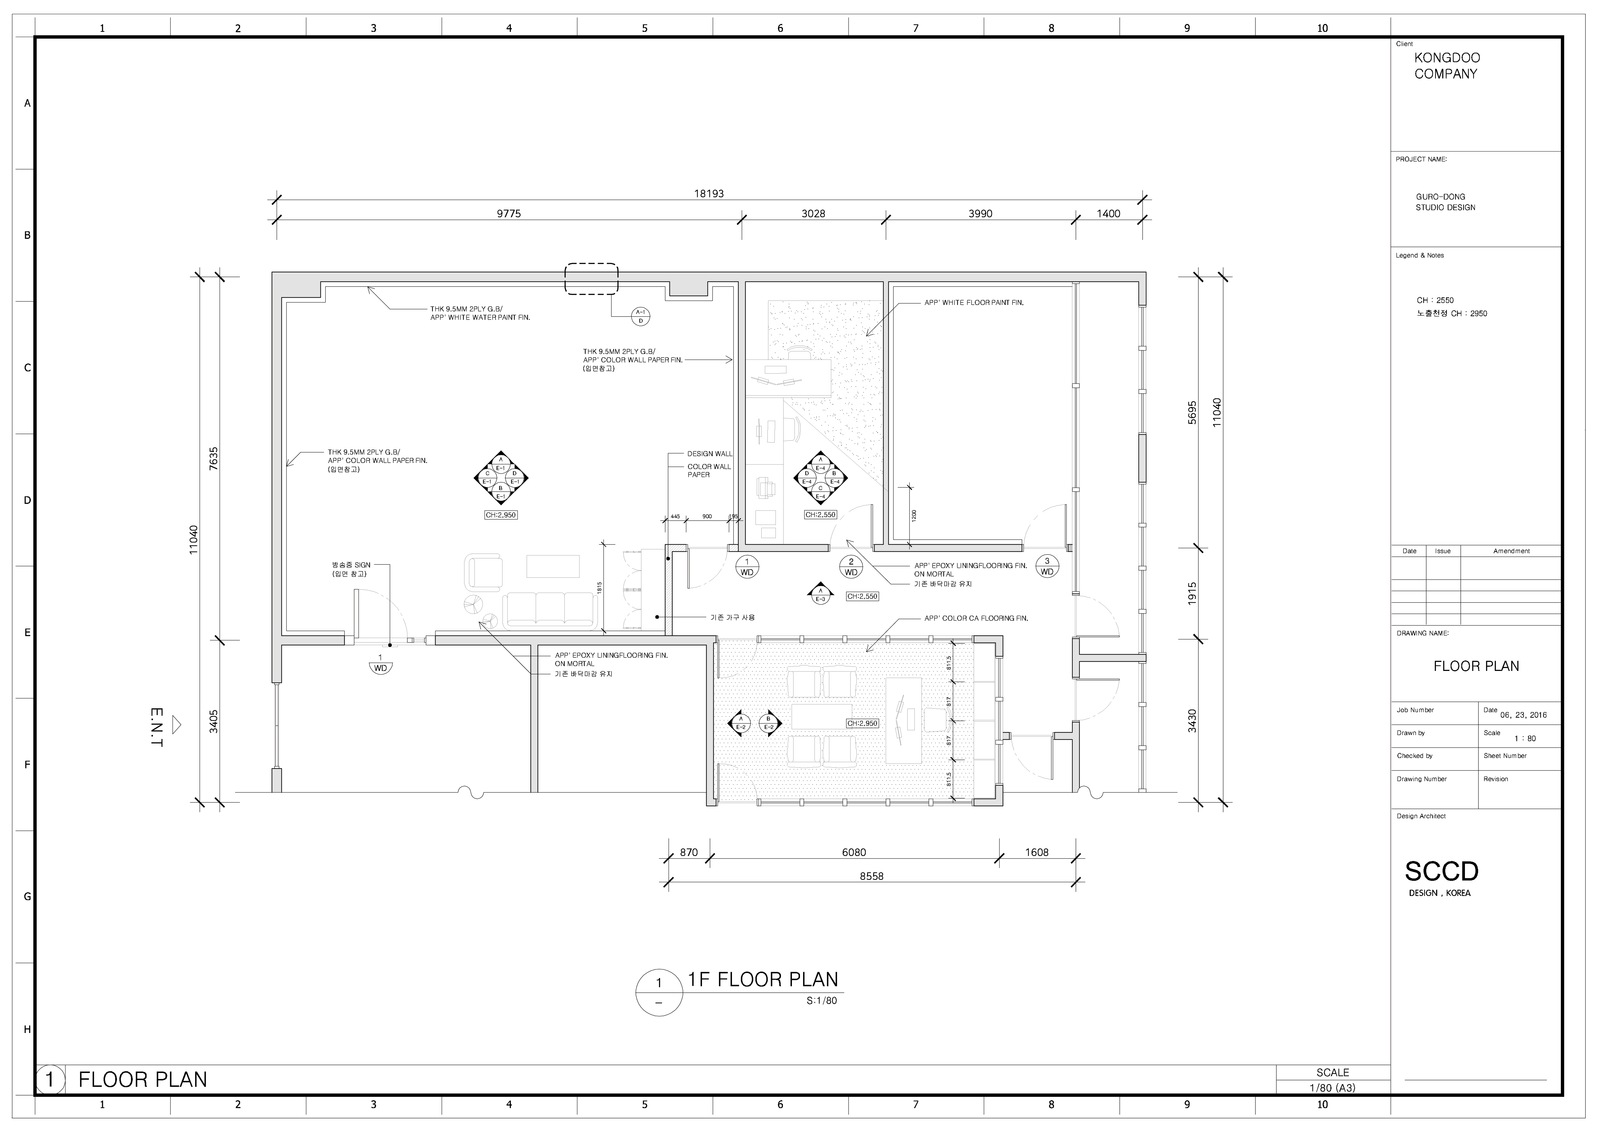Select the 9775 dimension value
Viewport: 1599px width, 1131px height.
[508, 214]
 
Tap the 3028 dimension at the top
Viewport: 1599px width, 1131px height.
[813, 214]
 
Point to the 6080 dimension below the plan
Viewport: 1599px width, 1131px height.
[854, 852]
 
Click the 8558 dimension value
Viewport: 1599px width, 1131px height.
[871, 876]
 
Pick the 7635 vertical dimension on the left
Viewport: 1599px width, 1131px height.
[214, 458]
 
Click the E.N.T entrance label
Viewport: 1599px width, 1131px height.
[157, 728]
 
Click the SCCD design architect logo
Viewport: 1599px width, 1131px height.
[1441, 871]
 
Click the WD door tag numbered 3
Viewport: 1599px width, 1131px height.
[1047, 566]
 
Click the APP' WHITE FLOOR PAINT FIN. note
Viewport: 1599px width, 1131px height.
[974, 303]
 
